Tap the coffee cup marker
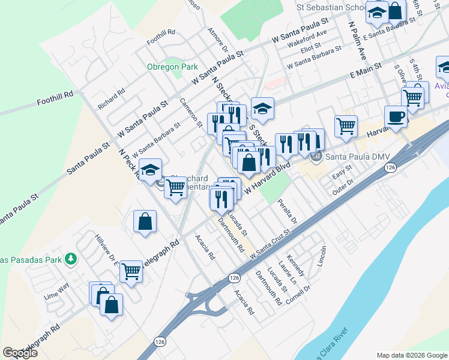click(x=396, y=117)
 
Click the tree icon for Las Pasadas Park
click(x=71, y=259)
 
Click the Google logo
click(x=19, y=353)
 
